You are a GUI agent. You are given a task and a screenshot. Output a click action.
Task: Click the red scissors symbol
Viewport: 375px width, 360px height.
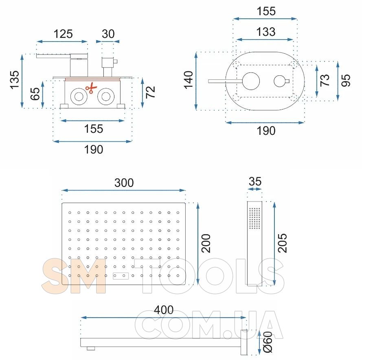tap(91, 88)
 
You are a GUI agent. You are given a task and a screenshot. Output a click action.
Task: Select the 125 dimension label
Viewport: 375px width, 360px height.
tap(63, 34)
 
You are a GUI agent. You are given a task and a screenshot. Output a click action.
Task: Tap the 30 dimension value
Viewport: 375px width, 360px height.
tap(108, 34)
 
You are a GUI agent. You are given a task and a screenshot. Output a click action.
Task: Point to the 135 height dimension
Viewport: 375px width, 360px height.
tap(14, 80)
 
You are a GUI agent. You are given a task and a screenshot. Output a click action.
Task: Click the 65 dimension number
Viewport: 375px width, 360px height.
tap(35, 94)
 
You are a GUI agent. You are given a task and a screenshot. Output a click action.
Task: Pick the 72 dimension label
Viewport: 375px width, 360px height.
tap(150, 92)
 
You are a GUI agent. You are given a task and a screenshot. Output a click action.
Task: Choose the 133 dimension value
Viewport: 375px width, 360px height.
tap(266, 32)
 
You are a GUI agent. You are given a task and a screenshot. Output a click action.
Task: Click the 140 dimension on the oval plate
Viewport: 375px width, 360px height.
tap(189, 80)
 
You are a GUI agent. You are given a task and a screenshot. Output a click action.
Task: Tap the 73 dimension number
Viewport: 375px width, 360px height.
tap(325, 80)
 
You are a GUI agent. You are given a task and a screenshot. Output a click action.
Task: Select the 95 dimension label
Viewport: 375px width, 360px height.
tap(346, 80)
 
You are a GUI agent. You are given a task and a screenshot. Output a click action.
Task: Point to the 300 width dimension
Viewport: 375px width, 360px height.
tap(124, 183)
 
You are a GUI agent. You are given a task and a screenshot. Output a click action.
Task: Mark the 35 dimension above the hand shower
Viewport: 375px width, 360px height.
tap(255, 181)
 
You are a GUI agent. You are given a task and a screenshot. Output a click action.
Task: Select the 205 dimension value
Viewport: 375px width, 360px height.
tap(282, 243)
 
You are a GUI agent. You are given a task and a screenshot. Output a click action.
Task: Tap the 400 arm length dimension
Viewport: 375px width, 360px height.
tap(164, 310)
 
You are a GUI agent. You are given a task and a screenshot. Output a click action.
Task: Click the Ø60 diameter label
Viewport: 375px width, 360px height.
tap(268, 342)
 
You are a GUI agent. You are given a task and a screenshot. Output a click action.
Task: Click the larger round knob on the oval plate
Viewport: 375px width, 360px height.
tap(251, 81)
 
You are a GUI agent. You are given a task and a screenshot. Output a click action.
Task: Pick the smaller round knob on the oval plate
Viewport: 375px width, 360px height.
tap(280, 81)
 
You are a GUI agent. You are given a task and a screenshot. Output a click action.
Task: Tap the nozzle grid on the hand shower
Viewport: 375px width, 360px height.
tap(254, 218)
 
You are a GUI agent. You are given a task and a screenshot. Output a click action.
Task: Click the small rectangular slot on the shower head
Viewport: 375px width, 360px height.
tap(121, 276)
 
